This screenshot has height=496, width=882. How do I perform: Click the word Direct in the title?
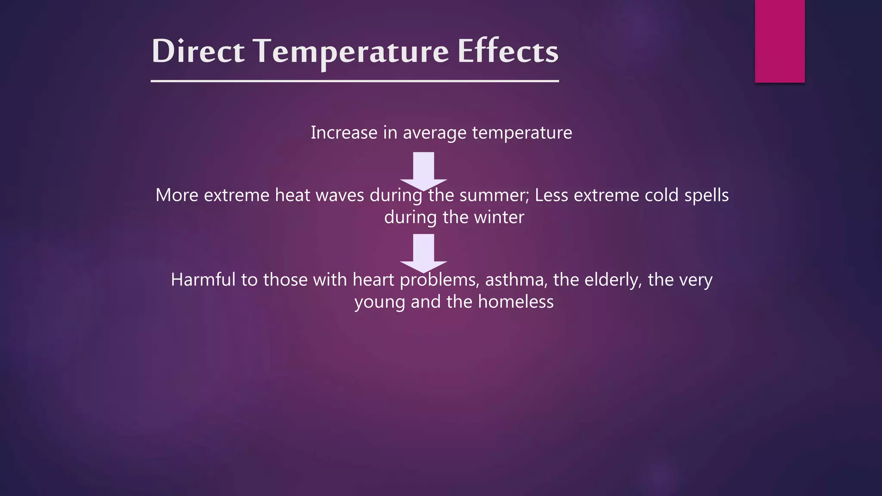click(x=198, y=51)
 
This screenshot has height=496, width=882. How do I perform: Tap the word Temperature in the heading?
click(x=351, y=51)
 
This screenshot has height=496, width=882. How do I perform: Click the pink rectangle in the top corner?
click(x=780, y=41)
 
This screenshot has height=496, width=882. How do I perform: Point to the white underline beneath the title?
click(x=355, y=81)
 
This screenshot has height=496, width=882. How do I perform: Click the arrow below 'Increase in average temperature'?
click(x=423, y=170)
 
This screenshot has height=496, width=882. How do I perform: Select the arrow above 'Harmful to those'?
click(x=423, y=252)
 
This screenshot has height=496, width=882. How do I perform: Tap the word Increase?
click(x=344, y=133)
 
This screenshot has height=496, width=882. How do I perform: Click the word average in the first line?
click(x=435, y=133)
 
